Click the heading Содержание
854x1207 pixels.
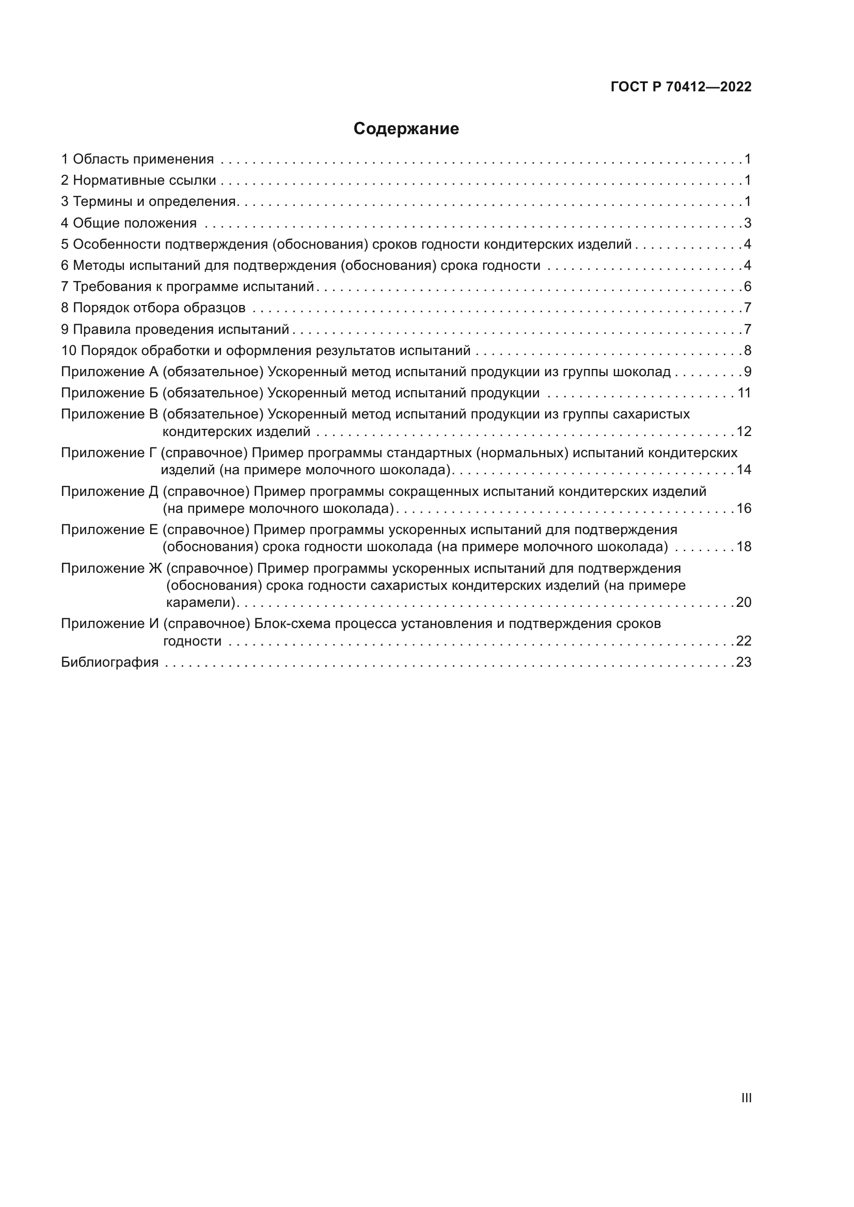406,129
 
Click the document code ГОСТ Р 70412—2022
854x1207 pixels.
681,87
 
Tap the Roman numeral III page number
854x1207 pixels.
746,1098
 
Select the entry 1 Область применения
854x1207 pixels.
138,159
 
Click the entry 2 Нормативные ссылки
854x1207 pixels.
139,180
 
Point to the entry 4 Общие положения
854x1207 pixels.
130,223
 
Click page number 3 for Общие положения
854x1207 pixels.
747,223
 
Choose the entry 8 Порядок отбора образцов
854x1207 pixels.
153,308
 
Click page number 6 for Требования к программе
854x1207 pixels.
747,286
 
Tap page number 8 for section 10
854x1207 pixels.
747,350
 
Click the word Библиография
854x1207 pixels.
110,662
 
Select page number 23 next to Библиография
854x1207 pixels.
744,662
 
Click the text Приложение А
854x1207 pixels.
109,372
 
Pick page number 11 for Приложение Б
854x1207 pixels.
744,393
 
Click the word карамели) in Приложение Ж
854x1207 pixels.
201,602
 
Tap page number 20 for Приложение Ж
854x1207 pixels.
744,602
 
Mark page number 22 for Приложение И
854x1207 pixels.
744,641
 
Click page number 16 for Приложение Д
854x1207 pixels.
744,508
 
